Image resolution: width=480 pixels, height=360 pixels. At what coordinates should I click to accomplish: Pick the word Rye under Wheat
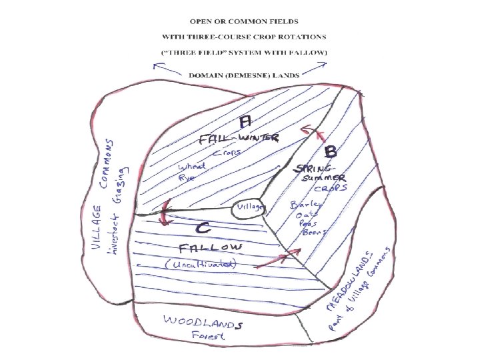(x=186, y=178)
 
